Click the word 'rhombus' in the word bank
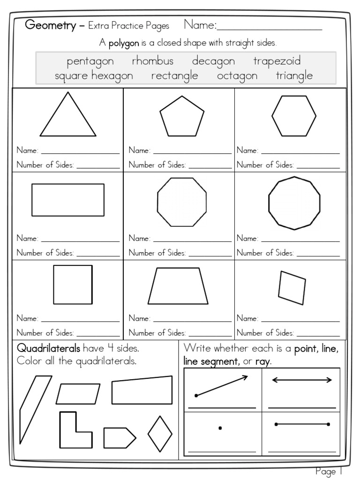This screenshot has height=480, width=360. tap(152, 61)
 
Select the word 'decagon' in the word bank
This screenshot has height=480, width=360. tap(213, 61)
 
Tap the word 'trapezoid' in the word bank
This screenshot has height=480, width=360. tap(277, 61)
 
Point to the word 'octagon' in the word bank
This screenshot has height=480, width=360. tap(237, 75)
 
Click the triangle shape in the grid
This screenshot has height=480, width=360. tap(68, 117)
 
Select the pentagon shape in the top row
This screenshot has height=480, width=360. tap(182, 117)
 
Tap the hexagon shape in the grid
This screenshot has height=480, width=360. tap(294, 116)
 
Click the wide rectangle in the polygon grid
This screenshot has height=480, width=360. tap(68, 200)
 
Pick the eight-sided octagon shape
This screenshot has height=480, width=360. tap(182, 202)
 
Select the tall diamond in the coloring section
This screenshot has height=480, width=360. tap(160, 434)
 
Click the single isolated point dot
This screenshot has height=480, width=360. tap(220, 427)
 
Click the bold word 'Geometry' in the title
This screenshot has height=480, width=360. tap(50, 25)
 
